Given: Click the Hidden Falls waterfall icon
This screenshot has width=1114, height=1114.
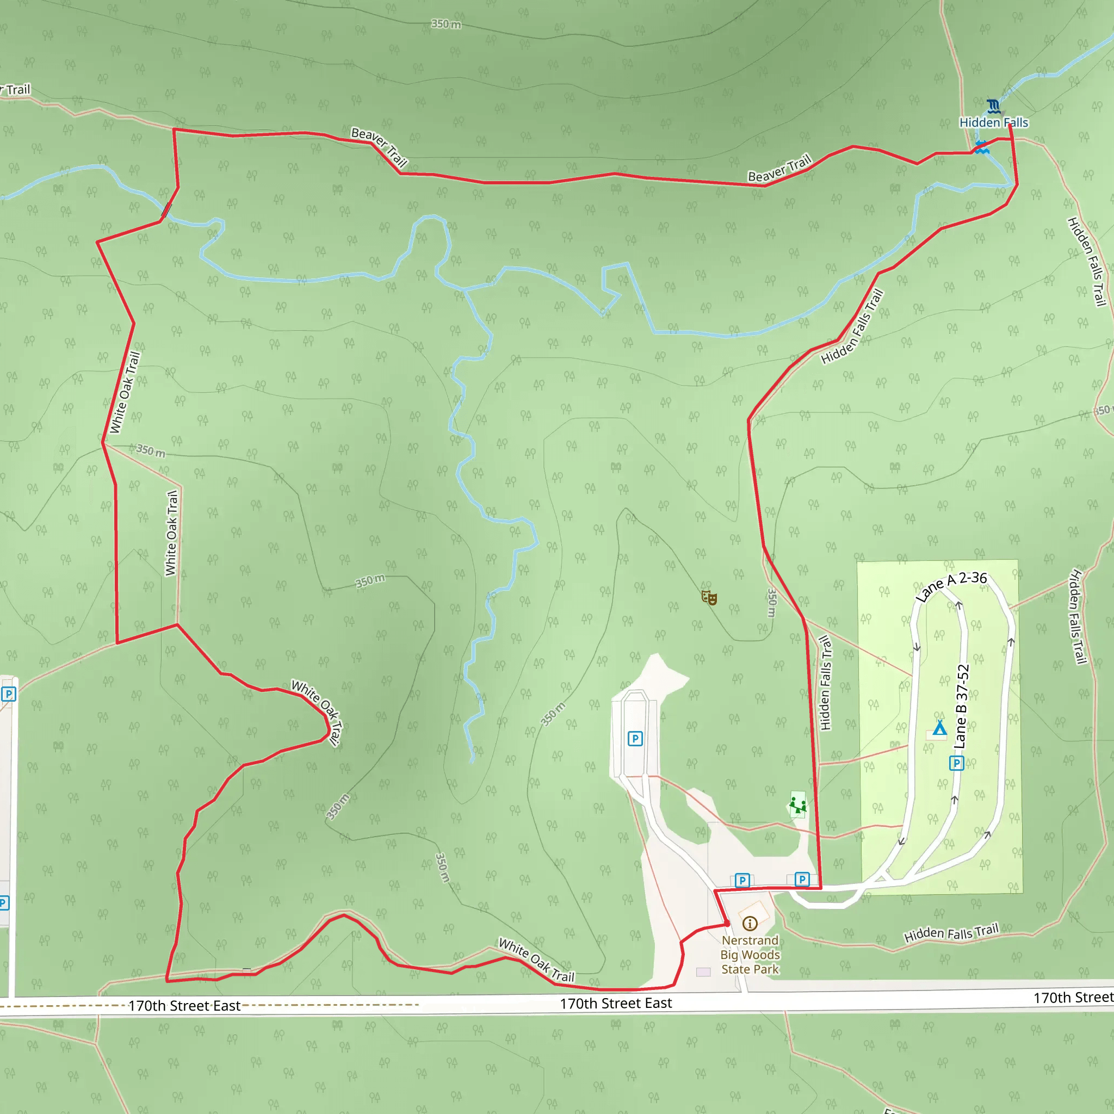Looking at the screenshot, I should [x=993, y=106].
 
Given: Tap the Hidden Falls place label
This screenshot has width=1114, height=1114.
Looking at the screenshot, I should [x=993, y=123].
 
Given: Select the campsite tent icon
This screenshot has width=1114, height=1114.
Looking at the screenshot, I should [x=939, y=728].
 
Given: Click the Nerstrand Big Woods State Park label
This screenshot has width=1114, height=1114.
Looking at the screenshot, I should [x=750, y=955].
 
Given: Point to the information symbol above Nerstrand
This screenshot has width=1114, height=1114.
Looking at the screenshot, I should [x=750, y=924].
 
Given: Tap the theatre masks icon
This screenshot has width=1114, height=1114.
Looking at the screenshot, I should [x=709, y=597].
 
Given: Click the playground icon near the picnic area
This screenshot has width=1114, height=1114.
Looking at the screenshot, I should [x=797, y=804].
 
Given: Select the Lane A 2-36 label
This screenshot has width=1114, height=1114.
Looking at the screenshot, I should [x=951, y=586].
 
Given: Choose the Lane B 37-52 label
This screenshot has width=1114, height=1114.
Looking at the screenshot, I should [x=961, y=707].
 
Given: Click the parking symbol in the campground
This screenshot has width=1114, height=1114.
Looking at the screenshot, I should [x=957, y=763].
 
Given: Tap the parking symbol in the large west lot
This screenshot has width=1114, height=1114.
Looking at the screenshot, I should [x=635, y=739].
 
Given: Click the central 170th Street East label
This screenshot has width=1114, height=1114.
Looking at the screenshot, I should [x=616, y=1003].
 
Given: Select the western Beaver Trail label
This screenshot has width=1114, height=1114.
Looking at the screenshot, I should [x=380, y=147].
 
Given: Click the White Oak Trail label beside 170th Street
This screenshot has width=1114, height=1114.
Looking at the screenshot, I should [x=536, y=960].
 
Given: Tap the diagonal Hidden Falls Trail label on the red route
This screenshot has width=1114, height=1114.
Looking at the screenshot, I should [x=852, y=327].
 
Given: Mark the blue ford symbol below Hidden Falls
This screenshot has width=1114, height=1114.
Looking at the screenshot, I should [x=982, y=147].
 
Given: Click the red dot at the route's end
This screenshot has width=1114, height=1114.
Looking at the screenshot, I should [x=728, y=924].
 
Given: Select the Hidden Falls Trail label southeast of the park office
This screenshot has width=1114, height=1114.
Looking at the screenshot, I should [x=951, y=933].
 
